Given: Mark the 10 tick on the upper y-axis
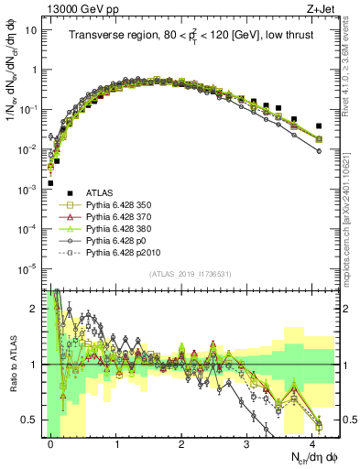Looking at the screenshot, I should tap(32, 29).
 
